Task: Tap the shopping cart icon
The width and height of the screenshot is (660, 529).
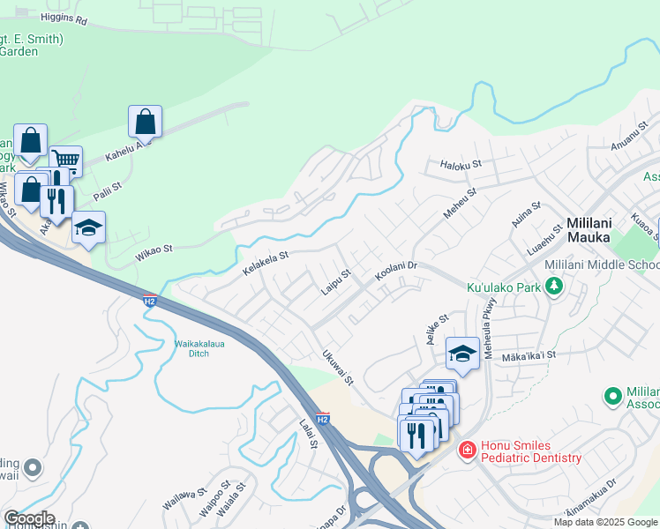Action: [x=65, y=160]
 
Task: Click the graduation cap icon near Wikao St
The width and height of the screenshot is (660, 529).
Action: [x=88, y=227]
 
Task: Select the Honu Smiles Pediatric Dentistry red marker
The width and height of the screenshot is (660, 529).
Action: [x=466, y=451]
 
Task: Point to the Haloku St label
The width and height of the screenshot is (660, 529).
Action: [x=460, y=164]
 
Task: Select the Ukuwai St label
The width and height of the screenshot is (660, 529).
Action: [x=337, y=369]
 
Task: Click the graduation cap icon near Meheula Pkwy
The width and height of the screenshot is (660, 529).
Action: [x=462, y=354]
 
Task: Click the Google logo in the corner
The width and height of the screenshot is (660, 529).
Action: [x=28, y=518]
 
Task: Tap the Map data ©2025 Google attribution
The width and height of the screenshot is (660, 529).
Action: [x=605, y=522]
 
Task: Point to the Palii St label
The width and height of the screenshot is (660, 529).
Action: [x=107, y=188]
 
